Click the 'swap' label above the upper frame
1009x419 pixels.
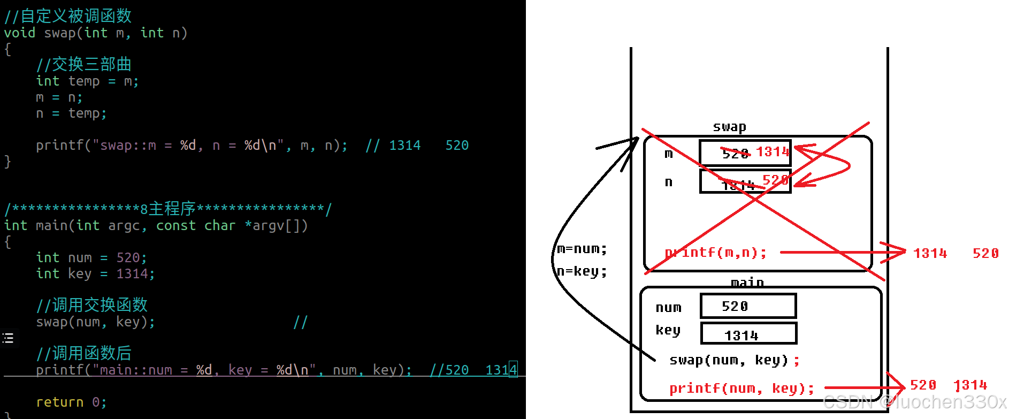(x=729, y=127)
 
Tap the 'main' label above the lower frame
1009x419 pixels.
(x=747, y=282)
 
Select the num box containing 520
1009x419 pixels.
(x=748, y=306)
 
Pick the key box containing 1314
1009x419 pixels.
(x=748, y=334)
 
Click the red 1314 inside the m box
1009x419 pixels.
(x=773, y=152)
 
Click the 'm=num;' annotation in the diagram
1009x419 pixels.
(x=582, y=249)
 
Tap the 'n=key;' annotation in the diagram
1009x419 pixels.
(x=582, y=271)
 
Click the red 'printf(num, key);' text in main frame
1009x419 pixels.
(x=742, y=388)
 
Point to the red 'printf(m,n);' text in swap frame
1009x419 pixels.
(x=716, y=253)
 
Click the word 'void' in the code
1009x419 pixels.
(x=20, y=33)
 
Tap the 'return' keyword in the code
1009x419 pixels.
(x=59, y=402)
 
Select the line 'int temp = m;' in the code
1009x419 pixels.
(x=87, y=81)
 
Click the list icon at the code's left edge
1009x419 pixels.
(x=8, y=338)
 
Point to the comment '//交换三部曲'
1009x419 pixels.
(x=84, y=65)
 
